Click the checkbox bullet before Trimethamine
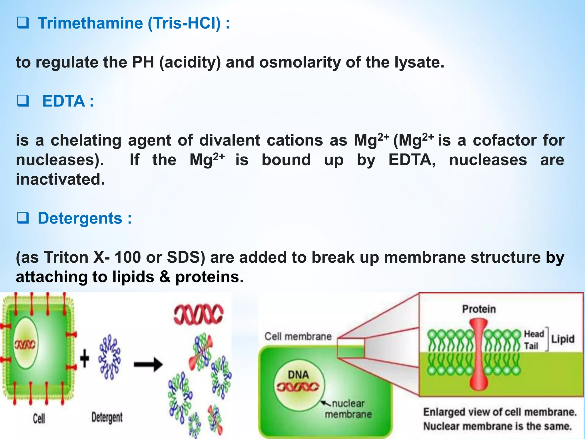pyautogui.click(x=23, y=23)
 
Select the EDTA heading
pyautogui.click(x=63, y=101)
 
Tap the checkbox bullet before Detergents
pyautogui.click(x=23, y=218)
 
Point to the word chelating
pyautogui.click(x=86, y=141)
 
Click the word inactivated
pyautogui.click(x=60, y=179)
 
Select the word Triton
pyautogui.click(x=66, y=257)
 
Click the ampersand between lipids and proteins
pyautogui.click(x=165, y=277)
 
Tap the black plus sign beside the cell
pyautogui.click(x=85, y=358)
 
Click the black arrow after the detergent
pyautogui.click(x=148, y=364)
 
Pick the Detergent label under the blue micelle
pyautogui.click(x=107, y=417)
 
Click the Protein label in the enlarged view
pyautogui.click(x=479, y=309)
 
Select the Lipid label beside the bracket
pyautogui.click(x=562, y=339)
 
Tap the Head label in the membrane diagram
pyautogui.click(x=534, y=334)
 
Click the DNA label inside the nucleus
pyautogui.click(x=298, y=375)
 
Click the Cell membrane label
pyautogui.click(x=298, y=336)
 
